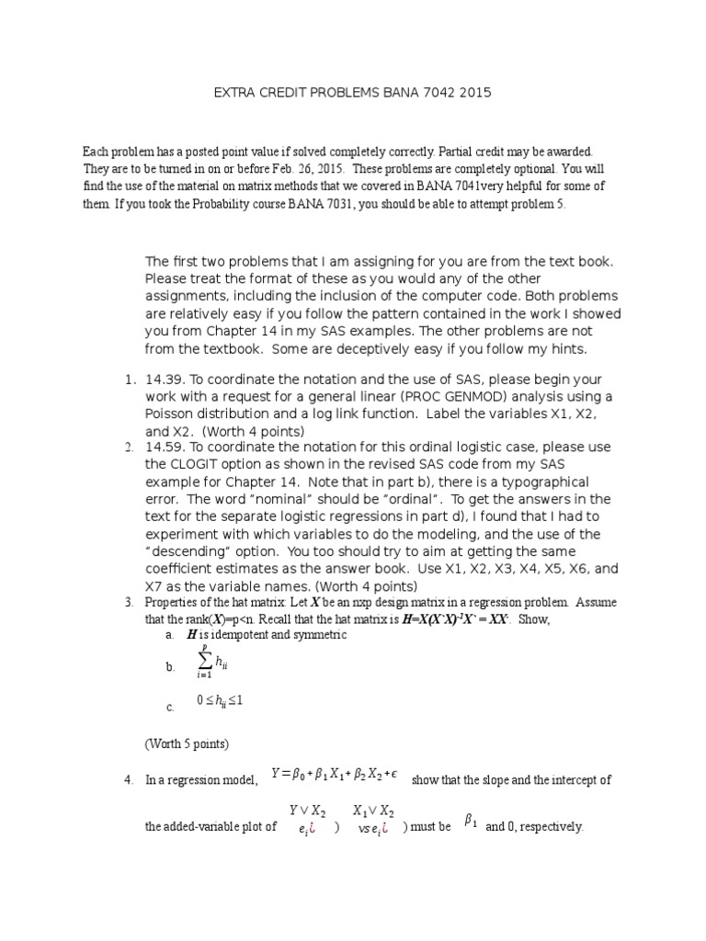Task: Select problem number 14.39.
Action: pos(165,380)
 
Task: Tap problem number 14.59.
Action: pos(165,448)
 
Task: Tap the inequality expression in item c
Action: pos(221,701)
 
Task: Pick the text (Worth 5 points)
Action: pos(187,743)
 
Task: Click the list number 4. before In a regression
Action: pos(129,781)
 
